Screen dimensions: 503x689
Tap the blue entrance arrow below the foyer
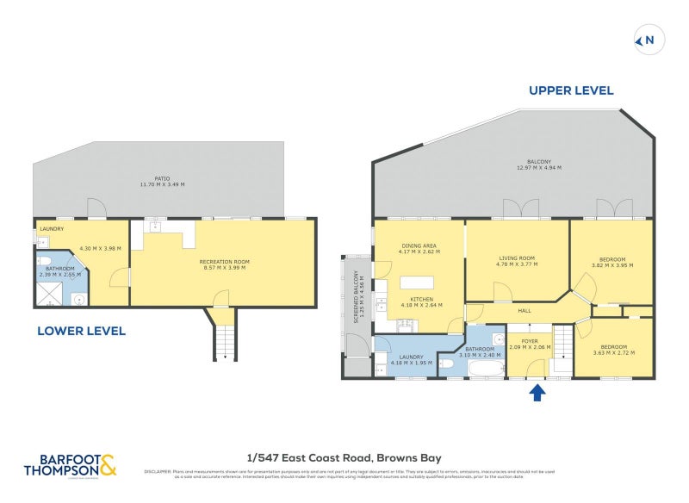click(x=536, y=393)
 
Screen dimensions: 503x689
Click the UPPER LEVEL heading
click(x=570, y=90)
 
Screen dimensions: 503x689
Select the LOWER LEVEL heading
click(x=82, y=330)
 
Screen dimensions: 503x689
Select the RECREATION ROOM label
click(x=222, y=264)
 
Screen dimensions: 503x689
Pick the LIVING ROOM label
click(x=518, y=261)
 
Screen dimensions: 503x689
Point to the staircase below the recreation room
click(x=223, y=336)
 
